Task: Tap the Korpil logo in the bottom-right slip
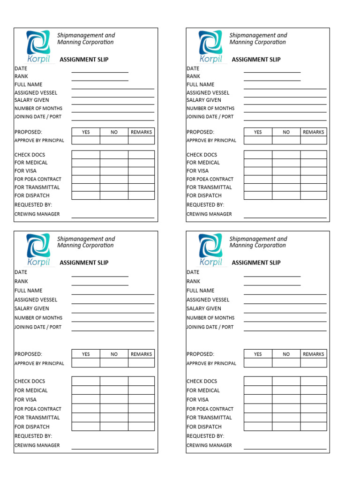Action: (x=210, y=249)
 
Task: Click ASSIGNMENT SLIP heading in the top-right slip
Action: (x=256, y=60)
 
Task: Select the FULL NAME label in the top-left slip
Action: (x=29, y=84)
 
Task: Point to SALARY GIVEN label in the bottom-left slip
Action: (x=31, y=308)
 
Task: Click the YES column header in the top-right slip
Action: (x=258, y=132)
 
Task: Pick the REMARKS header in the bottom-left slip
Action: (x=141, y=354)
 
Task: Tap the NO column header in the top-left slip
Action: (x=114, y=132)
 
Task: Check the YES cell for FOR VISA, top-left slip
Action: (x=86, y=171)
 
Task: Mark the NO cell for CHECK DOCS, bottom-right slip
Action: (x=286, y=381)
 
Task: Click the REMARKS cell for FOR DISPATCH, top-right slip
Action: (x=313, y=195)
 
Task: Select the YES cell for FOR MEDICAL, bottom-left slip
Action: (x=86, y=390)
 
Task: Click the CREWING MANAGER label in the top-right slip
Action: (x=209, y=214)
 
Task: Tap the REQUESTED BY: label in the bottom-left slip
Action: (x=33, y=436)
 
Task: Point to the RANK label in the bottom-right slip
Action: (x=193, y=281)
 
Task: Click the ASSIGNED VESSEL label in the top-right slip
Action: (x=208, y=93)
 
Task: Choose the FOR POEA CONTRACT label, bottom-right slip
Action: (x=210, y=409)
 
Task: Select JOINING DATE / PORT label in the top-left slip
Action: (x=38, y=117)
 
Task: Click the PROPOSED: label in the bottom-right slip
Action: (x=200, y=354)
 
